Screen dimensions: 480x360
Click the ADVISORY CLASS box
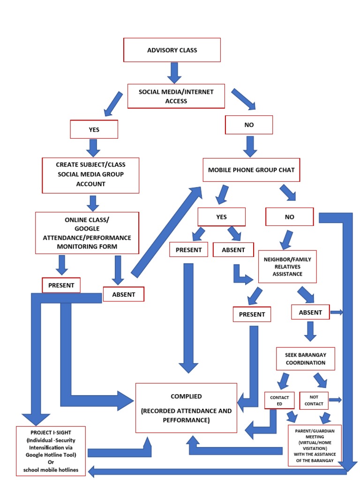coord(172,50)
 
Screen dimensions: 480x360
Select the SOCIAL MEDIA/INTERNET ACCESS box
coord(176,96)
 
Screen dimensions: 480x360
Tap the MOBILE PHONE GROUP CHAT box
coord(251,170)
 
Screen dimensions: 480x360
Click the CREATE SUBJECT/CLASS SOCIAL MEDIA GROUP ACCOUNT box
coord(90,175)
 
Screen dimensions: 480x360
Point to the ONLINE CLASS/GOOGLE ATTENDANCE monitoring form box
coord(87,233)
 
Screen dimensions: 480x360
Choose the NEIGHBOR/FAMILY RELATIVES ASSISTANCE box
coord(287,266)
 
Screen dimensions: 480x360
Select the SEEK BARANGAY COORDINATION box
coord(305,359)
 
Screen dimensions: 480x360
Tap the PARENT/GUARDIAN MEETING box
coord(315,444)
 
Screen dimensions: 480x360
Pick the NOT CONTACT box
coord(314,400)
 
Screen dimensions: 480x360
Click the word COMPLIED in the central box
coord(186,396)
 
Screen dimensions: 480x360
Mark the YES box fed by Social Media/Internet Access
coord(94,129)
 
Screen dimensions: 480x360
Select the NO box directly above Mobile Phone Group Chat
coord(249,125)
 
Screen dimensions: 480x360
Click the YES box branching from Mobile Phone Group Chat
coord(221,217)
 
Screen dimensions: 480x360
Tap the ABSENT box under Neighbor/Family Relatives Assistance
coord(310,312)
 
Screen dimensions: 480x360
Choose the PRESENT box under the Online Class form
coord(61,285)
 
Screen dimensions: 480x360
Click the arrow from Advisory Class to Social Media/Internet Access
coord(174,72)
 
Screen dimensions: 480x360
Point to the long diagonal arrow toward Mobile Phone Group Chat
coord(166,232)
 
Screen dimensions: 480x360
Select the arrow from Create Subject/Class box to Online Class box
coord(93,202)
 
